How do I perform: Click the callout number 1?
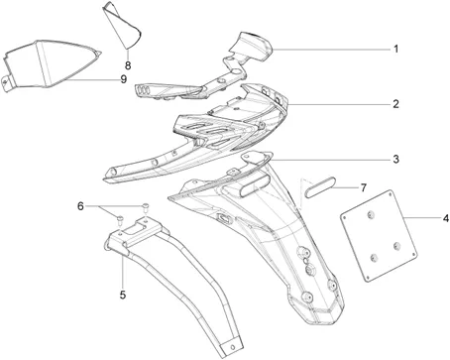pyautogui.click(x=395, y=50)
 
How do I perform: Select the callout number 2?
pyautogui.click(x=395, y=104)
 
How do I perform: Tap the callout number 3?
pyautogui.click(x=395, y=159)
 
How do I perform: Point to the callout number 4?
pyautogui.click(x=446, y=218)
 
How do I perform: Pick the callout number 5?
pyautogui.click(x=123, y=295)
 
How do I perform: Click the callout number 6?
pyautogui.click(x=80, y=206)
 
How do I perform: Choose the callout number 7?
pyautogui.click(x=364, y=187)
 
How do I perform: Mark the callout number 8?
pyautogui.click(x=128, y=65)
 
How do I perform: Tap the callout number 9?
pyautogui.click(x=123, y=79)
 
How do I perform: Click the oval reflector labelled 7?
pyautogui.click(x=320, y=187)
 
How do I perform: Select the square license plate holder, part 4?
pyautogui.click(x=379, y=236)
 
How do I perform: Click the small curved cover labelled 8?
pyautogui.click(x=122, y=25)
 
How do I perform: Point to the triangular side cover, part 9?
pyautogui.click(x=50, y=64)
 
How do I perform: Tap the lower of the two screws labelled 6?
pyautogui.click(x=121, y=218)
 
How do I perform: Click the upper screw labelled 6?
pyautogui.click(x=146, y=207)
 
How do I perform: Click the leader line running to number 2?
pyautogui.click(x=339, y=104)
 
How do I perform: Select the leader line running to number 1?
pyautogui.click(x=331, y=50)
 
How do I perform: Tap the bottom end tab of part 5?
pyautogui.click(x=232, y=347)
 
